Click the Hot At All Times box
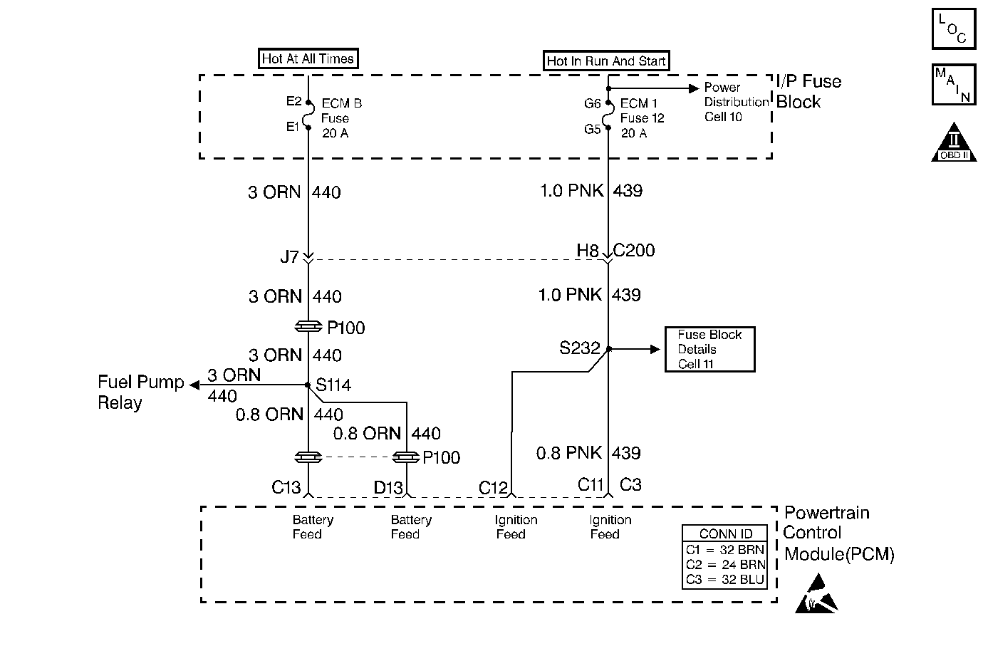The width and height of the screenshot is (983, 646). coord(308,59)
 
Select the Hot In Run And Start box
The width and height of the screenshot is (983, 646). coord(606,61)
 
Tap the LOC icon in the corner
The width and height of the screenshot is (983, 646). coord(953,29)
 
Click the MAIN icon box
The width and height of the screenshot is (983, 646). coord(953,85)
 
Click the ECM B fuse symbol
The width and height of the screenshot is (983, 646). coord(308,115)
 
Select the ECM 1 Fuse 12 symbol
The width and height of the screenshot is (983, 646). coord(608,116)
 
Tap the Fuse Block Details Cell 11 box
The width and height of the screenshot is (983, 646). coord(709,349)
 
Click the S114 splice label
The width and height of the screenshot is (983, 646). coord(333,385)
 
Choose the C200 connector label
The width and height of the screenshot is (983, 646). coord(634,251)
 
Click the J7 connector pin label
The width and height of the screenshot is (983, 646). coord(289,256)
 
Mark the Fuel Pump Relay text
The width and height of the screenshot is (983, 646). coord(140,392)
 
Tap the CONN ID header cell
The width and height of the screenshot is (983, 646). coord(725,534)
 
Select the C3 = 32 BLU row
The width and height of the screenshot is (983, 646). coord(725,580)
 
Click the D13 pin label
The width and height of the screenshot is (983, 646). coord(388,488)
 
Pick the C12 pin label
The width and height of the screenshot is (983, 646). coord(493,488)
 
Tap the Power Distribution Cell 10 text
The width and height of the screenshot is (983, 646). coord(736,102)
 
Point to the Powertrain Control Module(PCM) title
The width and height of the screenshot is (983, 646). coord(838,533)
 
